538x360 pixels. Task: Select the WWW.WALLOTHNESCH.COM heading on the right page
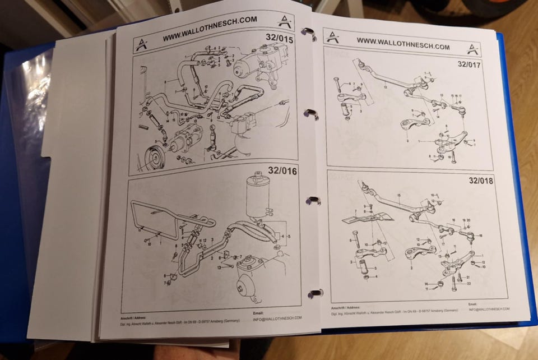(x=403, y=44)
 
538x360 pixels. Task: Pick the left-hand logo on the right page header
(x=333, y=37)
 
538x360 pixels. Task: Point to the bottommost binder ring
(x=315, y=293)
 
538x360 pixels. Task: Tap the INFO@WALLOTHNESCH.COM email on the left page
(x=278, y=318)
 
